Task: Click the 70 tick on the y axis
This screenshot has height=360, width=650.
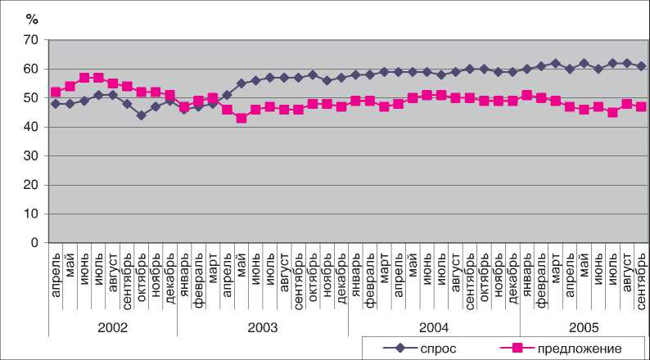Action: point(31,39)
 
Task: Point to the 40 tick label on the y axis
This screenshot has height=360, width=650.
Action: point(31,127)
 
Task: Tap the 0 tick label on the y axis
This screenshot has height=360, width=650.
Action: point(34,243)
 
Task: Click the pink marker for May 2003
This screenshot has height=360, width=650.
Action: point(241,118)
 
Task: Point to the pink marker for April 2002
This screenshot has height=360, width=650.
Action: point(56,92)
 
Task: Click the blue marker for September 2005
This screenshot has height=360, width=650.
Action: point(641,66)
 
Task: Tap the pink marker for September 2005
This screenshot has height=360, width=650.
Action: point(641,106)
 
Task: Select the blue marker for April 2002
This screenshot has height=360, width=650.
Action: point(56,104)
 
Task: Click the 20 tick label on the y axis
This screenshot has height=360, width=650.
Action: point(31,185)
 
